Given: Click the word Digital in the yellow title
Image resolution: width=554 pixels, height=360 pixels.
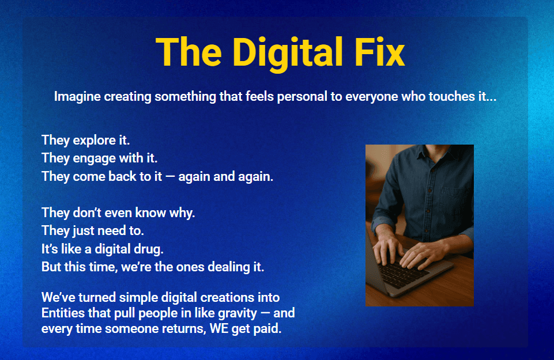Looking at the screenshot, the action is click(x=288, y=52).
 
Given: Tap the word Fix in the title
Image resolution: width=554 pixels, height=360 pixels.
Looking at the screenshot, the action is click(x=379, y=52).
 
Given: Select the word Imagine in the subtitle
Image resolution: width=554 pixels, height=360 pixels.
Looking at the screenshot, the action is click(x=78, y=97).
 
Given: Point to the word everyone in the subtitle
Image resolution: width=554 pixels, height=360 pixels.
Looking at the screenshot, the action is click(x=372, y=96).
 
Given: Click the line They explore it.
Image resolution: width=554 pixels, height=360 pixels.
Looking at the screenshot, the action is click(x=86, y=140).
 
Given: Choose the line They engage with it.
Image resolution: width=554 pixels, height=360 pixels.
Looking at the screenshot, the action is click(x=100, y=158).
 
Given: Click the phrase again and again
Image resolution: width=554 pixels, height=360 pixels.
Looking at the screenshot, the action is click(x=226, y=176).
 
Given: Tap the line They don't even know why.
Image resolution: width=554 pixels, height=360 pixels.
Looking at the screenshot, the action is click(x=118, y=213).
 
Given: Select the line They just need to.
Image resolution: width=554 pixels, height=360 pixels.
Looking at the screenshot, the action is click(x=93, y=231).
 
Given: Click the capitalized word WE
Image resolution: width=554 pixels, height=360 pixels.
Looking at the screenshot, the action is click(x=219, y=328).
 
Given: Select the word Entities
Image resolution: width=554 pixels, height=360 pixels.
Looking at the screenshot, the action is click(x=63, y=313).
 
